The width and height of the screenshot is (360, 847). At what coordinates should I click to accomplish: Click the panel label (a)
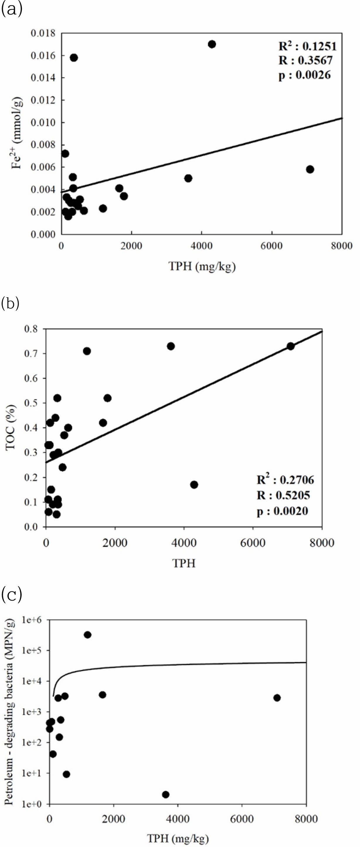[12, 9]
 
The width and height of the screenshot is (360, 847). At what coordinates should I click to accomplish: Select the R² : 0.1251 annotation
[308, 46]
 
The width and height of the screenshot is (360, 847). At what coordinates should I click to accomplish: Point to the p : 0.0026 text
[304, 75]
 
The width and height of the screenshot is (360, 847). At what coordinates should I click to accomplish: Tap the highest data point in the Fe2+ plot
[212, 44]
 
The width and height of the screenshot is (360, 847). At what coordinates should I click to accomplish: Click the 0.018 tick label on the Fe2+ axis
[43, 33]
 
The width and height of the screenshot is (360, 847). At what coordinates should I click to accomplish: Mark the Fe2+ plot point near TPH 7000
[310, 169]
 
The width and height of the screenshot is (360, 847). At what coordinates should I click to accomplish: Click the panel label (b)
[11, 303]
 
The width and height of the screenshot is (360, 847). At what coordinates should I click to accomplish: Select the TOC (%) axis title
[10, 427]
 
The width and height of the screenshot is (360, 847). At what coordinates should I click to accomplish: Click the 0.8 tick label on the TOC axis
[31, 329]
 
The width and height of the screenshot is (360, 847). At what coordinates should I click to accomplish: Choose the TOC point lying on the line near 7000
[291, 346]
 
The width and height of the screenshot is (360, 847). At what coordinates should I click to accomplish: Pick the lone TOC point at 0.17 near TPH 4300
[194, 485]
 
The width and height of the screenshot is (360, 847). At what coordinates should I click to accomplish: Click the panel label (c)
[11, 594]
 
